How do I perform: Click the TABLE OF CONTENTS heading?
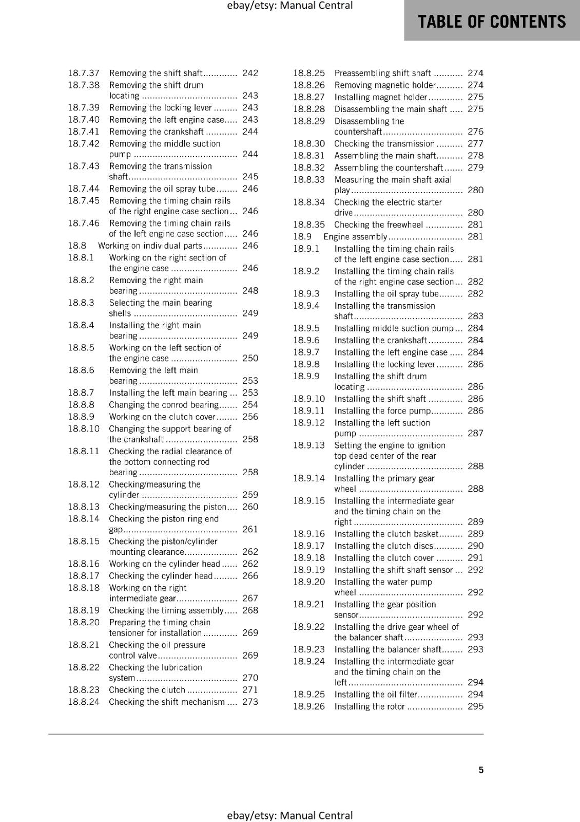(492, 22)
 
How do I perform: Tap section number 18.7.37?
(84, 73)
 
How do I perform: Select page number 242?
(250, 73)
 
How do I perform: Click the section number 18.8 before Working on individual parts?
(77, 246)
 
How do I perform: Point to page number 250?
(250, 358)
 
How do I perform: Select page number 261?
(250, 529)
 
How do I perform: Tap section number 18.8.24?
(84, 702)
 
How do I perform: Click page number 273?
(250, 702)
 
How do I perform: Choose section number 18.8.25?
(309, 73)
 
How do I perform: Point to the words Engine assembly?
(355, 237)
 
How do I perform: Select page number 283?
(475, 316)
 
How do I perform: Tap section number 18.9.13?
(309, 445)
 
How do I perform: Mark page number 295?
(475, 706)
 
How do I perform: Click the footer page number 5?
(481, 770)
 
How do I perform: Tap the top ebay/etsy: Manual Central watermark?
(289, 6)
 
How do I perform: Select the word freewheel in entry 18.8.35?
(404, 225)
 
